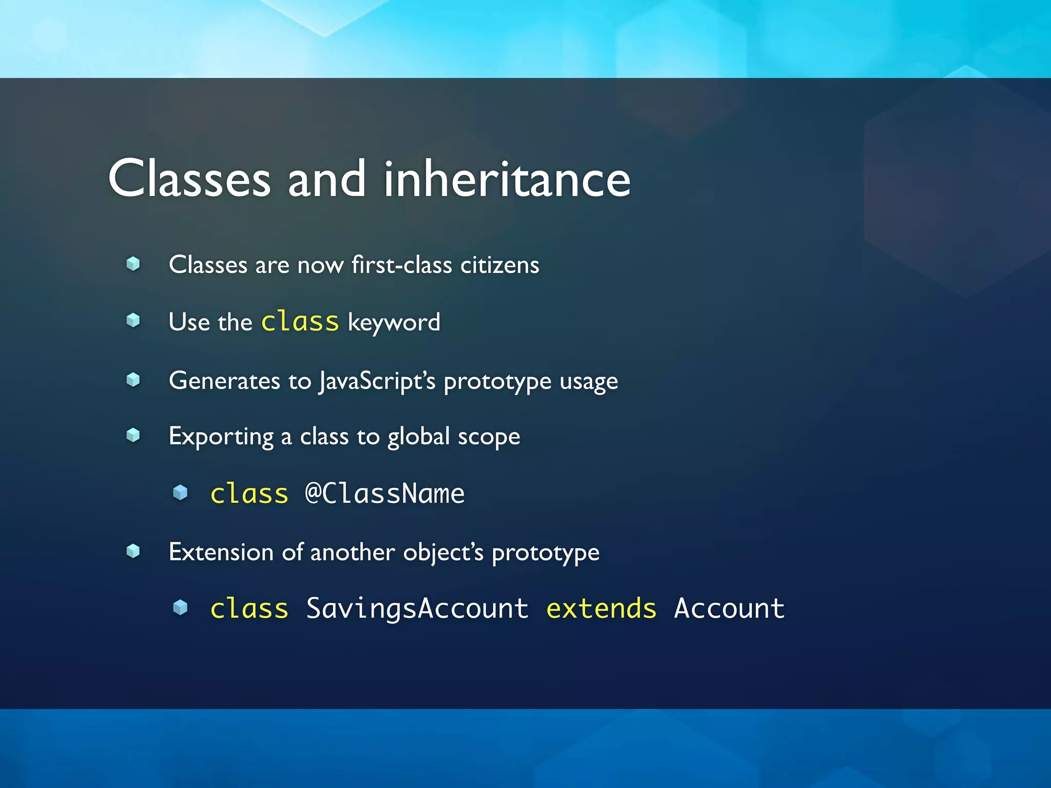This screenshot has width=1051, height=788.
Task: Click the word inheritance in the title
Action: pos(507,179)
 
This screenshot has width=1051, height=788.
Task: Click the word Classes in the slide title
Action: pos(189,179)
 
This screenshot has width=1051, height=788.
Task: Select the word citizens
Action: pos(499,265)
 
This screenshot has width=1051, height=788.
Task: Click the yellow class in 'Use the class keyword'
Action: pos(300,322)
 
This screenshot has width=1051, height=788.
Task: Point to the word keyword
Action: pos(394,323)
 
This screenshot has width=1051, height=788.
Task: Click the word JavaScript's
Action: pos(377,381)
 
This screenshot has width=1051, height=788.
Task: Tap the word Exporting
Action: pos(221,437)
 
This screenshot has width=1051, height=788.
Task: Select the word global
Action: pos(418,437)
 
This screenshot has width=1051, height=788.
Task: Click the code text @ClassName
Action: pos(385,494)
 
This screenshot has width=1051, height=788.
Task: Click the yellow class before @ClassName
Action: pos(249,494)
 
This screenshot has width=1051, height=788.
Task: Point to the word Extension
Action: pos(221,553)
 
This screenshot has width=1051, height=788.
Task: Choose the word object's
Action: pos(443,553)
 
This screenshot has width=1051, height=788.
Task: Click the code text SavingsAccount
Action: pos(417,609)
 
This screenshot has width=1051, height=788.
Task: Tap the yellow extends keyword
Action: pos(601,609)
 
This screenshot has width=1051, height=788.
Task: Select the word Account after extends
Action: pos(729,609)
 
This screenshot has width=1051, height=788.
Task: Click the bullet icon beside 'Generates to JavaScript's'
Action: pos(133,380)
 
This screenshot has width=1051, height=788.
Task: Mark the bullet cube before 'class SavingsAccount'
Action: pos(180,608)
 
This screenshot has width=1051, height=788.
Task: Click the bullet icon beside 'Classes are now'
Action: pos(133,264)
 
